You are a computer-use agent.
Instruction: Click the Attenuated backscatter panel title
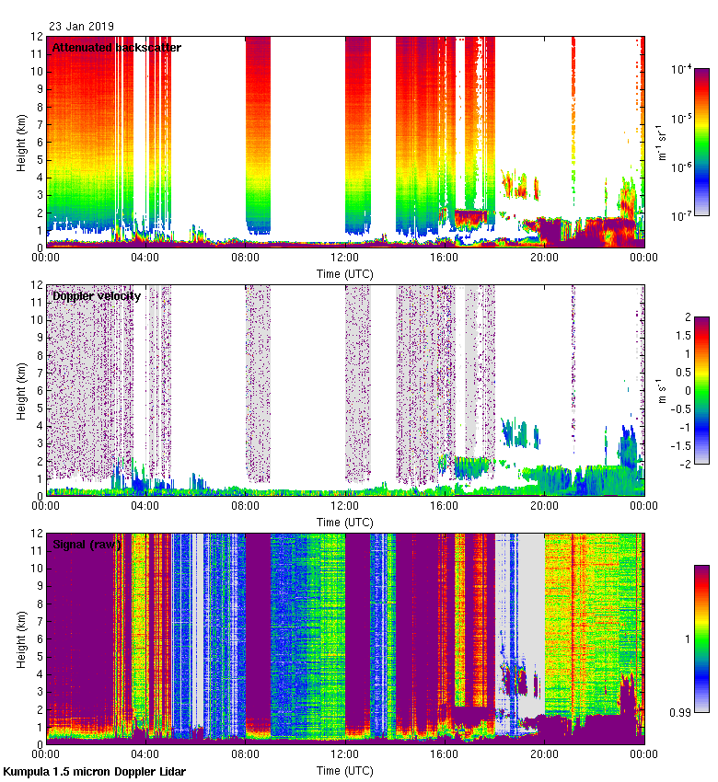(116, 48)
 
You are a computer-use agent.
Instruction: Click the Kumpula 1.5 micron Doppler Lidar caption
(94, 772)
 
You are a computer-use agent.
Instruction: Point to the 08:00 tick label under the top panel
(245, 259)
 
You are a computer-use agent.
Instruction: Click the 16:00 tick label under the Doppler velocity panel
(445, 507)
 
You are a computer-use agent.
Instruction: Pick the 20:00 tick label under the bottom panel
(544, 755)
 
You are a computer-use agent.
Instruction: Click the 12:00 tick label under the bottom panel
(345, 755)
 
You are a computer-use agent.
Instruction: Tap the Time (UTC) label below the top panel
(345, 273)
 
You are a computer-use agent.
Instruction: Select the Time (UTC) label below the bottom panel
(345, 770)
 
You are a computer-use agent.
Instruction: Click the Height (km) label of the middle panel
(21, 390)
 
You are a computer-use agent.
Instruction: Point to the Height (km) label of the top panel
(21, 142)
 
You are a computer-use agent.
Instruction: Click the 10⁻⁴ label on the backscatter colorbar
(682, 70)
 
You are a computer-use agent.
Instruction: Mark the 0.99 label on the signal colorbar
(682, 712)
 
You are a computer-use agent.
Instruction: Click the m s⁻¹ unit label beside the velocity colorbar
(660, 390)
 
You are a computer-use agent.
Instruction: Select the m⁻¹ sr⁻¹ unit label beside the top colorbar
(660, 142)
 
